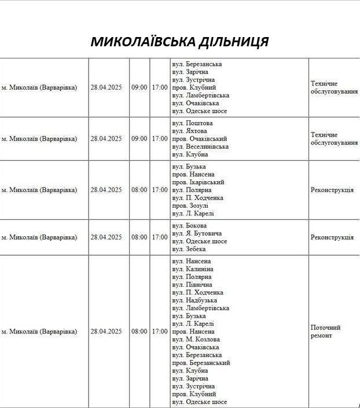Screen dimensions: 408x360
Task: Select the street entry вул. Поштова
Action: click(192, 123)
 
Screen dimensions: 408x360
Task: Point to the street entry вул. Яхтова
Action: click(190, 131)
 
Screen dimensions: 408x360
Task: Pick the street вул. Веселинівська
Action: click(200, 146)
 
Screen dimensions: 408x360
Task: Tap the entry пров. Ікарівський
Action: click(198, 182)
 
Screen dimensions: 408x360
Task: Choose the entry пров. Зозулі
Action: click(190, 205)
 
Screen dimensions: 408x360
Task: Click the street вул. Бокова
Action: click(189, 226)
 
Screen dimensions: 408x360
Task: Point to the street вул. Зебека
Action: click(189, 249)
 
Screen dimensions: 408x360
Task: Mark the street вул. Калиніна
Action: click(193, 269)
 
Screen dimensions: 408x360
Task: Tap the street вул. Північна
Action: click(192, 285)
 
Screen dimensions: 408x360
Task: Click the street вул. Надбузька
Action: click(194, 300)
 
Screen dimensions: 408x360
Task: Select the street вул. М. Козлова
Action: click(196, 339)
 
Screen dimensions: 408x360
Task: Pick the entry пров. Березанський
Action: click(201, 363)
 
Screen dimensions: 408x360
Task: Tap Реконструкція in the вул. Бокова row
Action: click(332, 237)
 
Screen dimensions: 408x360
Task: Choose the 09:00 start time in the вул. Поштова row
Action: click(139, 139)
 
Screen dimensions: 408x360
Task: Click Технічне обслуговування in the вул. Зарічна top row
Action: click(334, 87)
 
